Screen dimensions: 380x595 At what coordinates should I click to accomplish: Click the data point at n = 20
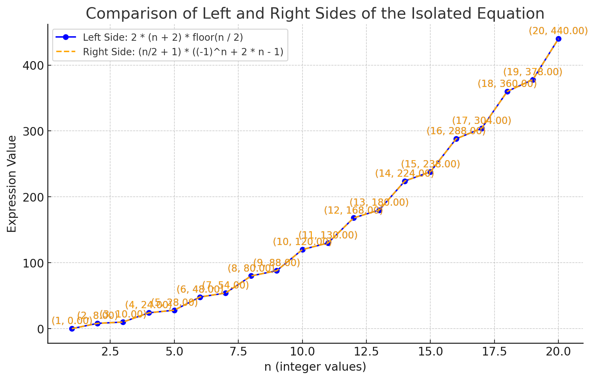click(x=558, y=39)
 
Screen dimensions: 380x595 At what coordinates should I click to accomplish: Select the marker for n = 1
click(x=72, y=329)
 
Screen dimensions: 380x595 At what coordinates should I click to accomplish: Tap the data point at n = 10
click(x=303, y=250)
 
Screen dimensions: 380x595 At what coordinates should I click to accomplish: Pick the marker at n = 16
click(x=456, y=139)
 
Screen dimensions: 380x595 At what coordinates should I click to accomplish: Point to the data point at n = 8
click(x=251, y=276)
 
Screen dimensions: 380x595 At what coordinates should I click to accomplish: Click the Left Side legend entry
click(x=163, y=37)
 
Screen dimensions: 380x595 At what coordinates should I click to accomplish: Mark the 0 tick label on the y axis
click(x=40, y=329)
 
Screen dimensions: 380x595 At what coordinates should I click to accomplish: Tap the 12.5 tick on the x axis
click(x=366, y=352)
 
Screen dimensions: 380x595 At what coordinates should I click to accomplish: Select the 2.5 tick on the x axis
click(x=110, y=352)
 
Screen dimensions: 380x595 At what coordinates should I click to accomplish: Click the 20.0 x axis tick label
click(x=558, y=352)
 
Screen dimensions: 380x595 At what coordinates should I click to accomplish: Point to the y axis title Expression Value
click(x=12, y=184)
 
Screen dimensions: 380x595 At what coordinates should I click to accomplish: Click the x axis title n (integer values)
click(x=315, y=367)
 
